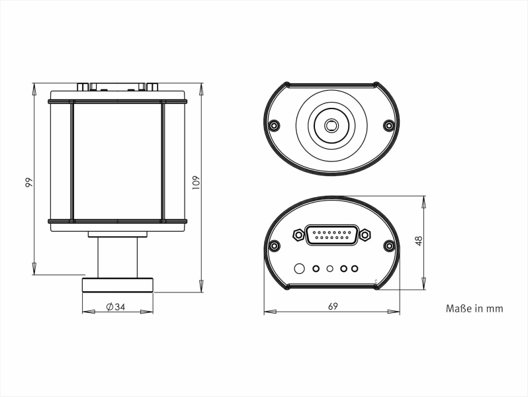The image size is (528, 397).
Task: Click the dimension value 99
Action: pyautogui.click(x=29, y=182)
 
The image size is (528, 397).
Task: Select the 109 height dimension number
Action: pyautogui.click(x=196, y=183)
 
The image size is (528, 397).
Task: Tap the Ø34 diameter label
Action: pyautogui.click(x=116, y=307)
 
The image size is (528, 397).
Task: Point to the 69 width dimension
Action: pyautogui.click(x=333, y=306)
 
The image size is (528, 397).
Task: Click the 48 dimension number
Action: pyautogui.click(x=419, y=241)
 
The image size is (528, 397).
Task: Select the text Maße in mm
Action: pyautogui.click(x=474, y=308)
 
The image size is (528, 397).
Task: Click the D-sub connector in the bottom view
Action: pyautogui.click(x=331, y=235)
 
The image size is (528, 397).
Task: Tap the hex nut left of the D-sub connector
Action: pyautogui.click(x=298, y=234)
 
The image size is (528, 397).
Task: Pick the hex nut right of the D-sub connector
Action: pyautogui.click(x=365, y=234)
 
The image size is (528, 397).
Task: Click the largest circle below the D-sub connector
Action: pyautogui.click(x=299, y=269)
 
